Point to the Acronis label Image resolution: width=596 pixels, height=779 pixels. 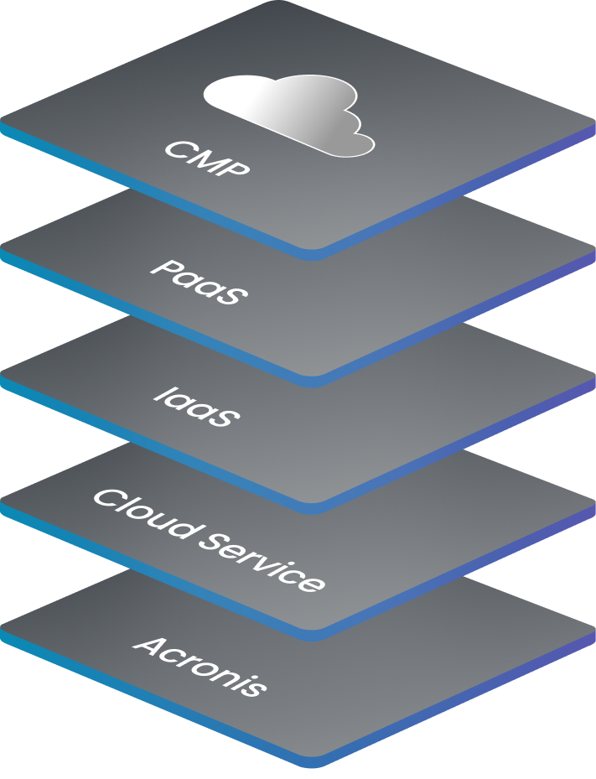pyautogui.click(x=200, y=666)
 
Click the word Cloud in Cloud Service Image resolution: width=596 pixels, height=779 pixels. pyautogui.click(x=143, y=515)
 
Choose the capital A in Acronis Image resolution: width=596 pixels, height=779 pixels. pyautogui.click(x=151, y=647)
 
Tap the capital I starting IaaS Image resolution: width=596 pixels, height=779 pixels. pyautogui.click(x=164, y=393)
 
